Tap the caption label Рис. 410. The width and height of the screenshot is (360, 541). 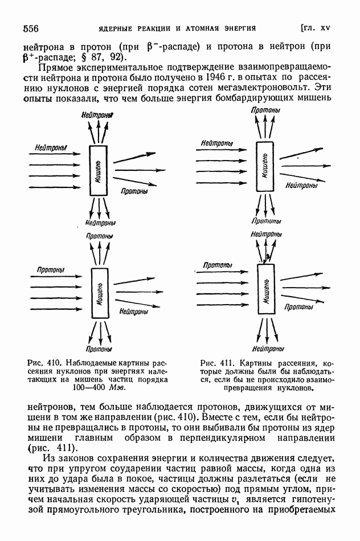(44, 363)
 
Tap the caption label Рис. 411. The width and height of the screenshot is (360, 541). (218, 363)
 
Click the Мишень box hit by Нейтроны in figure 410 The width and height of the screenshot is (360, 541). (99, 171)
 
